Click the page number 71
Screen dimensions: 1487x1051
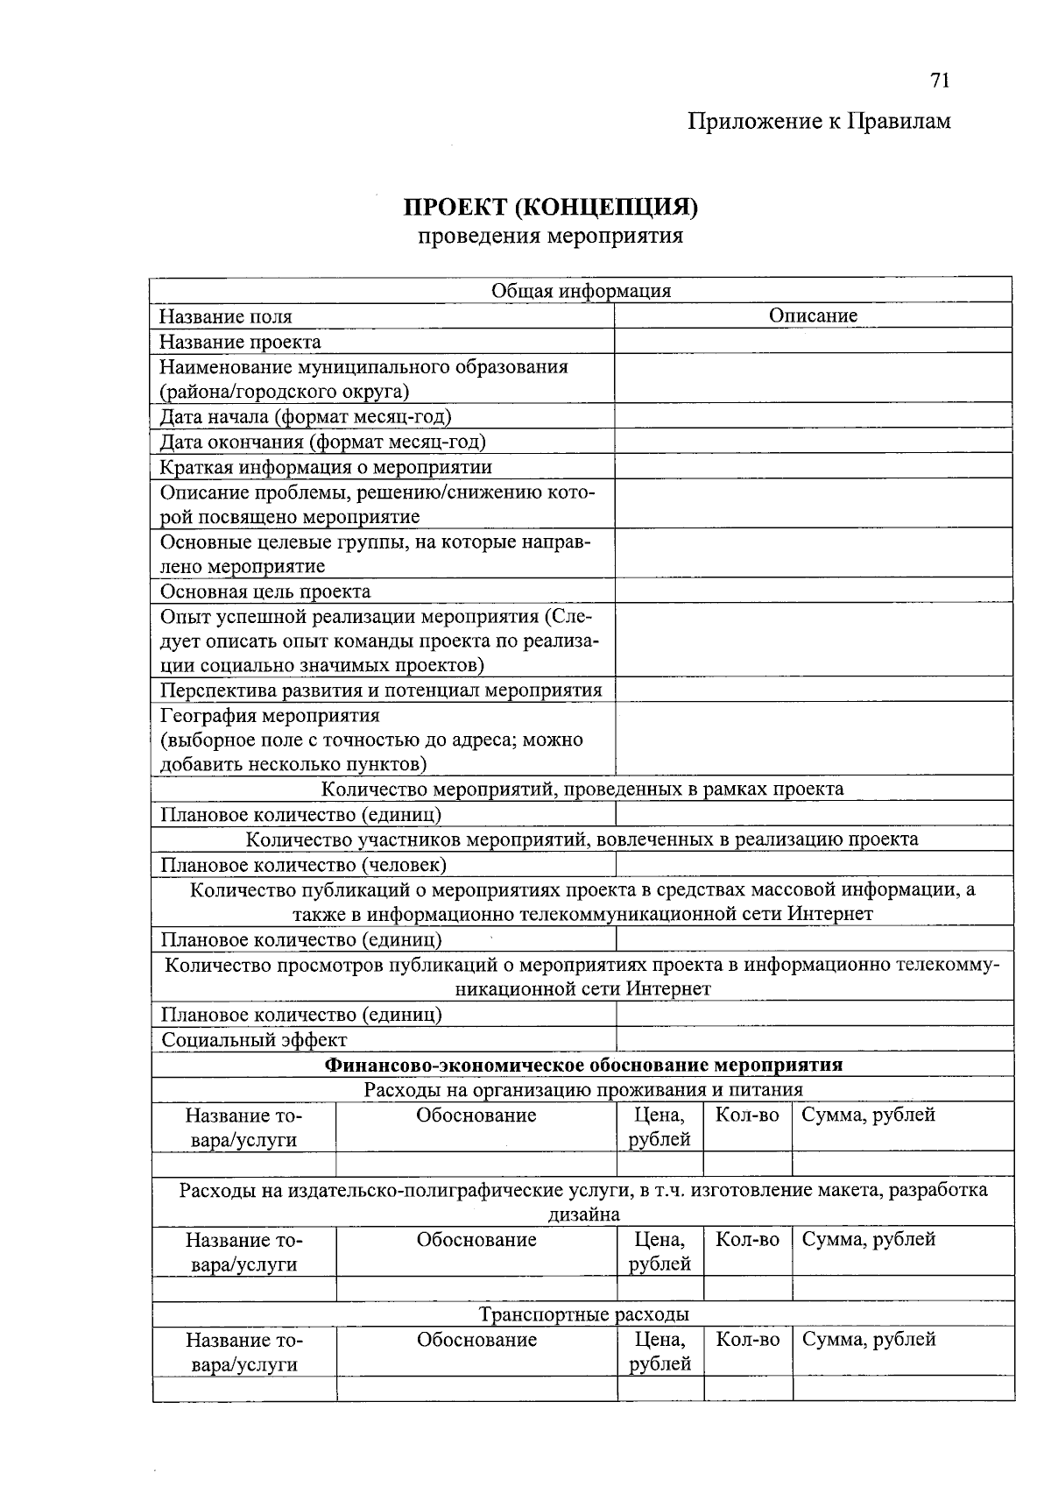[x=939, y=81]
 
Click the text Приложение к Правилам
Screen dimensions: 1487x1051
[x=818, y=121]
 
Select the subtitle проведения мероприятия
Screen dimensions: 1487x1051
[x=550, y=236]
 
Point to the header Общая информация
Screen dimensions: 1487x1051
[x=581, y=291]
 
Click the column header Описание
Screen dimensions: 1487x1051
[x=813, y=315]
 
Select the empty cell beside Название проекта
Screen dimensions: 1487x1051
[x=813, y=341]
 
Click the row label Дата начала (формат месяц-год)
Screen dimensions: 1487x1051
[x=305, y=416]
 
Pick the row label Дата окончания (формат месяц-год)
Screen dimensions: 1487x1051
[x=322, y=442]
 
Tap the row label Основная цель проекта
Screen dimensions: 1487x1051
[x=265, y=591]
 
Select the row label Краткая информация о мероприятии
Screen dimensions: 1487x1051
[x=325, y=467]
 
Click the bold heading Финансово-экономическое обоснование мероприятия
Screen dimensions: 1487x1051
[x=583, y=1065]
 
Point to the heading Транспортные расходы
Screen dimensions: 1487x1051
[x=583, y=1314]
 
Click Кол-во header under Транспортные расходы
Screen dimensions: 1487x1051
[x=747, y=1340]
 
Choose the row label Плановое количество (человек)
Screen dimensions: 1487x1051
[x=303, y=865]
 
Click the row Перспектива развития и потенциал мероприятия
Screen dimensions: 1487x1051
[x=381, y=690]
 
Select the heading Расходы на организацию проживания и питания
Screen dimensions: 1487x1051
[x=583, y=1090]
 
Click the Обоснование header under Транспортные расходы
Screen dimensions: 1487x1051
[x=476, y=1340]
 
